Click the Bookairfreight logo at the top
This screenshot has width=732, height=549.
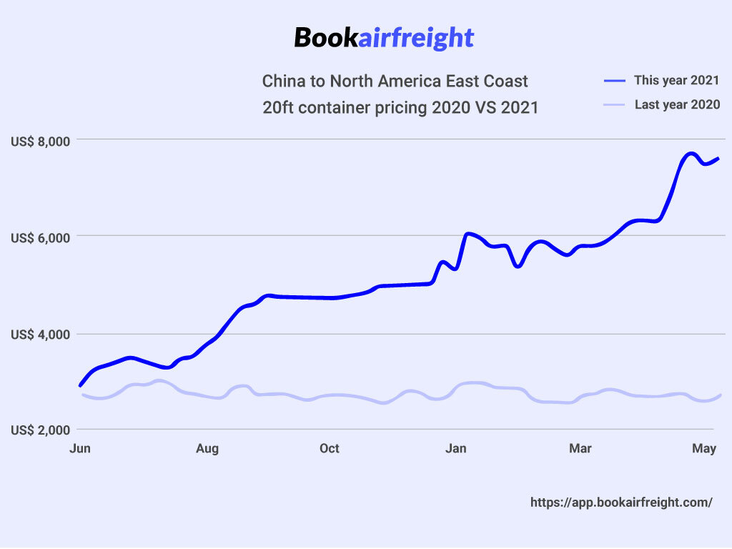pyautogui.click(x=384, y=37)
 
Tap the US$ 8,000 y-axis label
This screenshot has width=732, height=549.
pyautogui.click(x=41, y=142)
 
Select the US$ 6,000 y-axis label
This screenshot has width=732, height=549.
pyautogui.click(x=41, y=238)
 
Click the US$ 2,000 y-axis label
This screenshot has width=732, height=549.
pyautogui.click(x=41, y=431)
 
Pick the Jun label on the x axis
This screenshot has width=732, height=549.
pyautogui.click(x=79, y=449)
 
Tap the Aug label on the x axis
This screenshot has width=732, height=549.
pyautogui.click(x=207, y=449)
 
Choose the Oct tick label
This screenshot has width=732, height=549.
pyautogui.click(x=330, y=449)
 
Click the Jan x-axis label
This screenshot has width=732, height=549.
pyautogui.click(x=455, y=449)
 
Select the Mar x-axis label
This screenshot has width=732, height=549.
pyautogui.click(x=580, y=449)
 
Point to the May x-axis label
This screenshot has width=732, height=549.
pyautogui.click(x=706, y=449)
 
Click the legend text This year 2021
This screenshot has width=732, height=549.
pyautogui.click(x=676, y=80)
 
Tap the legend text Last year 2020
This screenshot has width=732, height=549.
pyautogui.click(x=677, y=105)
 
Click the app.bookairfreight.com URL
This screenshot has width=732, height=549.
pyautogui.click(x=621, y=503)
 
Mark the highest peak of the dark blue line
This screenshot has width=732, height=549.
pyautogui.click(x=691, y=154)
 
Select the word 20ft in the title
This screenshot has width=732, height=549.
pyautogui.click(x=277, y=108)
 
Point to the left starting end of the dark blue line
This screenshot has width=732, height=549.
pyautogui.click(x=80, y=385)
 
